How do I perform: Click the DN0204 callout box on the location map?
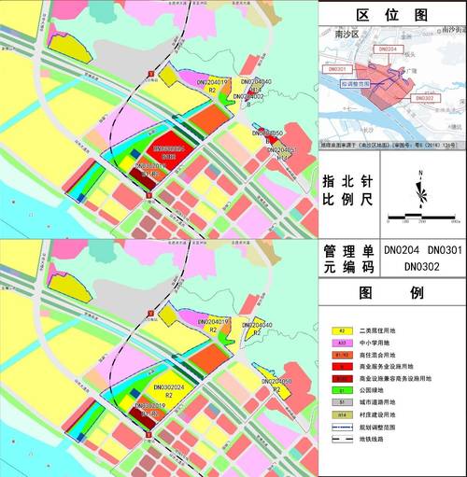click(x=390, y=48)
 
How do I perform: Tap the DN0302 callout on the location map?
click(x=422, y=97)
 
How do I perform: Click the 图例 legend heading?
click(x=392, y=292)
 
